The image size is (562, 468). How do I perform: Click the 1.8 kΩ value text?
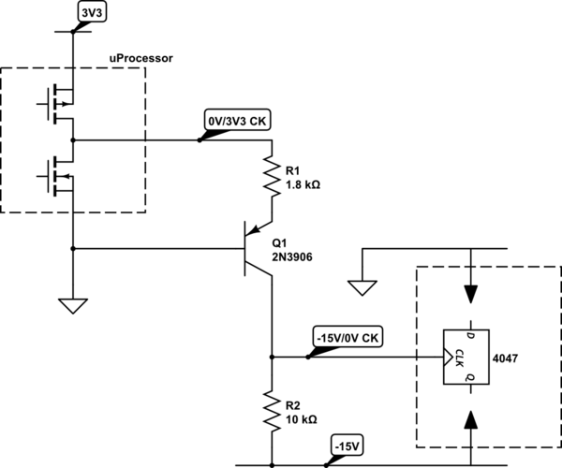pos(301,185)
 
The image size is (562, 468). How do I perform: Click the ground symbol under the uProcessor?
pos(71,304)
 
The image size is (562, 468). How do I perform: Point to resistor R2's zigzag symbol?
pos(271,409)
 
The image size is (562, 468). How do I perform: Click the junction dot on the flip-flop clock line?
pos(271,357)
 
